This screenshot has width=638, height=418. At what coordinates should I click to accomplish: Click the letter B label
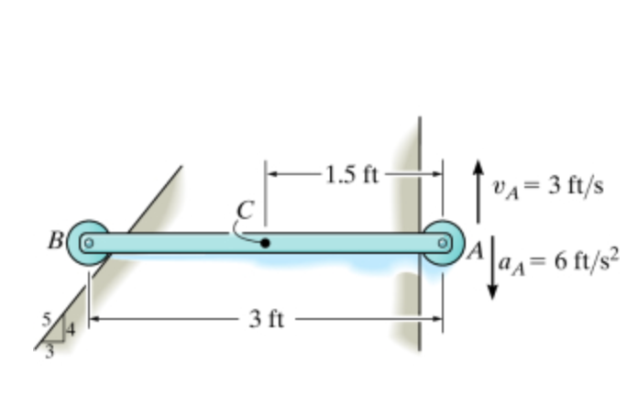point(56,242)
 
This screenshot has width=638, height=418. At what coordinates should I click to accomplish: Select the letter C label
point(244,209)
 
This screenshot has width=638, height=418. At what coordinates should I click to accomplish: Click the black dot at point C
point(265,243)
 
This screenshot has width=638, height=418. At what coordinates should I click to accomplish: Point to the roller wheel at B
point(88,243)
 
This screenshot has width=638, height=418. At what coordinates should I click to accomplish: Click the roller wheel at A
point(444,243)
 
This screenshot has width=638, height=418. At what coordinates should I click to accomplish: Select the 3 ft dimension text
point(267,320)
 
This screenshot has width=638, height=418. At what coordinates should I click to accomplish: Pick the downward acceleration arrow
point(492,269)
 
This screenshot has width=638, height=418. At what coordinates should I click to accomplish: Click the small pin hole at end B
point(88,243)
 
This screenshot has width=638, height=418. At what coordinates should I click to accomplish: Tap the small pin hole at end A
point(443,243)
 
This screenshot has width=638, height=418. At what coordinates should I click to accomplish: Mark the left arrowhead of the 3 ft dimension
point(95,319)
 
